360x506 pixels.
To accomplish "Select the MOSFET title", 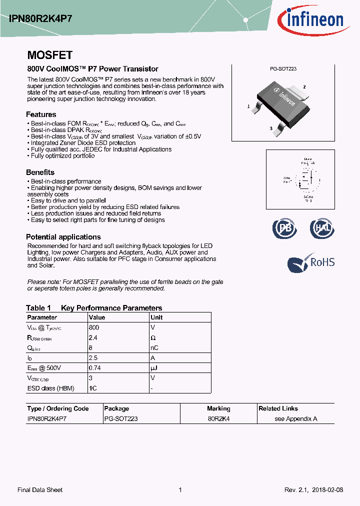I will pyautogui.click(x=49, y=55).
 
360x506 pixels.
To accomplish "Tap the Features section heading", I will pyautogui.click(x=41, y=114).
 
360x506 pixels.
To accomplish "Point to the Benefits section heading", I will pyautogui.click(x=40, y=172).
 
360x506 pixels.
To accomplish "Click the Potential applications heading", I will pyautogui.click(x=63, y=237).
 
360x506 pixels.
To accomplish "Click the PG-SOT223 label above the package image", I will pyautogui.click(x=283, y=69).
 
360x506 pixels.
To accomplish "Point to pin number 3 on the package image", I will pyautogui.click(x=270, y=128).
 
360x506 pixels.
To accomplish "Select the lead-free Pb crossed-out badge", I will pyautogui.click(x=284, y=228).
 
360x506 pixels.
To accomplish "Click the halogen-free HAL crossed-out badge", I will pyautogui.click(x=321, y=228).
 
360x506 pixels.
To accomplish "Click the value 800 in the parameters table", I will pyautogui.click(x=94, y=327).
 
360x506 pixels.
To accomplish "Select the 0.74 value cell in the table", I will pyautogui.click(x=95, y=368).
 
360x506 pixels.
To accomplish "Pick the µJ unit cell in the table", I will pyautogui.click(x=154, y=368).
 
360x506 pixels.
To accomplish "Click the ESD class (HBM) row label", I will pyautogui.click(x=49, y=388).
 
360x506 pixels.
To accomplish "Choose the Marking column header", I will pyautogui.click(x=218, y=408).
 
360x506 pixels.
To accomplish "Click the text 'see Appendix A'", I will pyautogui.click(x=296, y=419).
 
